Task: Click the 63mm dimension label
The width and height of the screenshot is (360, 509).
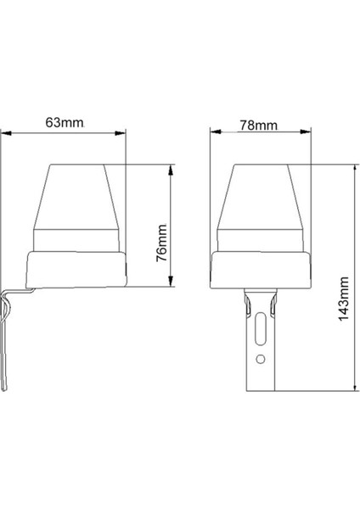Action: (x=64, y=122)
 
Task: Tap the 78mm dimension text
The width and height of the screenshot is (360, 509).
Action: (x=258, y=125)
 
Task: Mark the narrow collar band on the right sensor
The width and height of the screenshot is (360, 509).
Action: (x=262, y=239)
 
